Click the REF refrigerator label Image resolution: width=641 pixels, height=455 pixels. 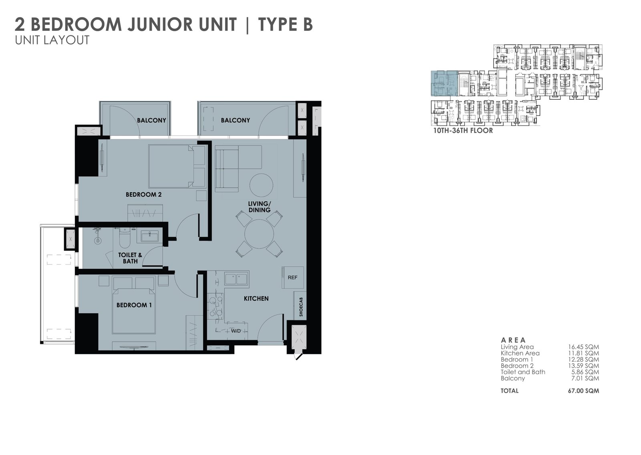[x=292, y=278]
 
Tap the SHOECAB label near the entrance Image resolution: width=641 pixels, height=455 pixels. [x=301, y=307]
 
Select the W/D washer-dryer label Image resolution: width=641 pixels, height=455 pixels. [x=236, y=331]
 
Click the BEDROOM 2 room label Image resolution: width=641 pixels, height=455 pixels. [x=144, y=195]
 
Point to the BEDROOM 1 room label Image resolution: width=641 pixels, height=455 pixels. [x=134, y=305]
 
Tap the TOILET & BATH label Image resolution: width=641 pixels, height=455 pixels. [x=130, y=258]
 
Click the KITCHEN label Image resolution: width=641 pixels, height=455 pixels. [x=256, y=298]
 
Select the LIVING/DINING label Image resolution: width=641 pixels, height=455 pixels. [x=259, y=207]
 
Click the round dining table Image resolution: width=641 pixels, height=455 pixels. [x=259, y=234]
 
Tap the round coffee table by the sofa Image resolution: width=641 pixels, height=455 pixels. [x=261, y=185]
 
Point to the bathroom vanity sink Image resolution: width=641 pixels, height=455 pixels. [x=149, y=236]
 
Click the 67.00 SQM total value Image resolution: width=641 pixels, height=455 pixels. [x=583, y=391]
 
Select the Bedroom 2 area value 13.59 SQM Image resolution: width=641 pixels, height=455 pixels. [x=583, y=366]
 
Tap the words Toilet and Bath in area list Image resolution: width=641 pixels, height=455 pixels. [x=523, y=372]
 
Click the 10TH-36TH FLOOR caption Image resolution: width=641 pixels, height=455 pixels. [x=463, y=131]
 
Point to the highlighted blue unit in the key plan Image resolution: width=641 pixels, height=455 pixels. [x=444, y=83]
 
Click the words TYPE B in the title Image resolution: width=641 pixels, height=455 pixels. [x=285, y=24]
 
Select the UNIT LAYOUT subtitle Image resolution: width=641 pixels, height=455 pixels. [x=52, y=40]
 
